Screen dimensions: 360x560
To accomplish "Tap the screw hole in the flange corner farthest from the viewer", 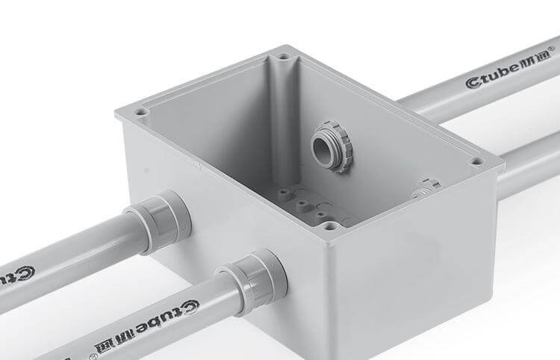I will coord(284,55).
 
